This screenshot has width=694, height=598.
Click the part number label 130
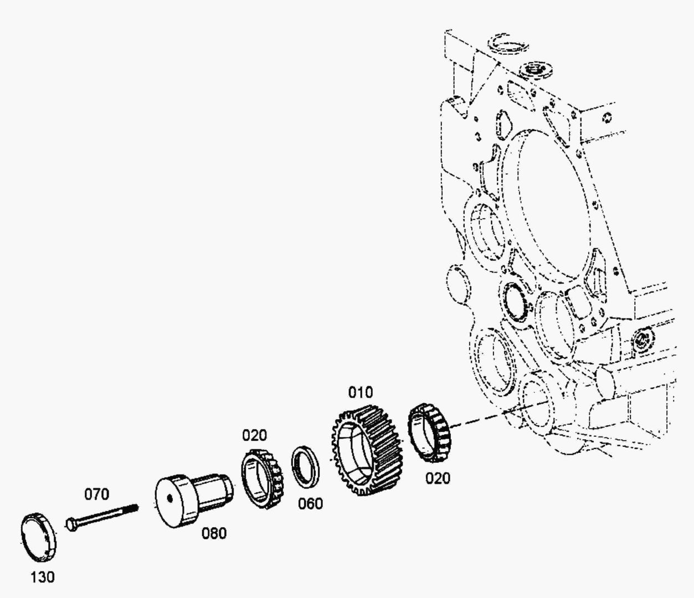[x=42, y=577]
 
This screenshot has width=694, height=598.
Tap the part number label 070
[x=97, y=494]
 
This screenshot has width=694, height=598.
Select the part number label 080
[x=214, y=533]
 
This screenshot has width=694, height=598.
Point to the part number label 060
[x=311, y=504]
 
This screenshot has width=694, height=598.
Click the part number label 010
[x=360, y=392]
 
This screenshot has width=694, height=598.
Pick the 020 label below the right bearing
[x=438, y=478]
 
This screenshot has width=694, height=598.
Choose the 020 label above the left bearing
[x=254, y=436]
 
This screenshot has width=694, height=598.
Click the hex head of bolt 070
[x=72, y=524]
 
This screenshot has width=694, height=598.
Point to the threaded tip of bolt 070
[x=133, y=508]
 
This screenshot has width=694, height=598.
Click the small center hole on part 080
[x=170, y=499]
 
